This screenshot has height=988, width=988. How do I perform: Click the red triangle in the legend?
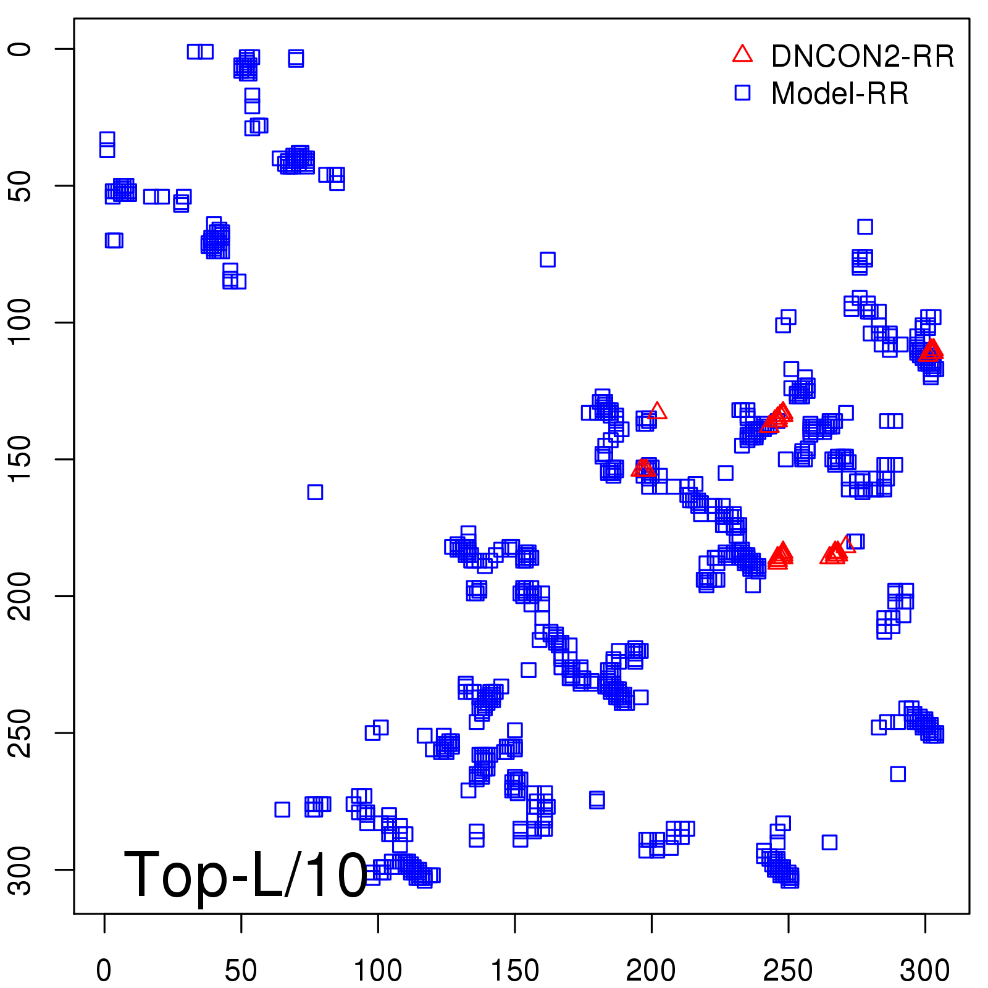point(742,54)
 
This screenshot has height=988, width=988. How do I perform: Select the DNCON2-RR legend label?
point(862,57)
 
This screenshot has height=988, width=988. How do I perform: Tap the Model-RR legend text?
point(840,94)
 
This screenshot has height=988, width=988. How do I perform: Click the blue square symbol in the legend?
point(742,93)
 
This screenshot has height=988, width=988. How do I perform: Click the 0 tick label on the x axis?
point(104,971)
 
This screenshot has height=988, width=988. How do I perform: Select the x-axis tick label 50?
point(241,971)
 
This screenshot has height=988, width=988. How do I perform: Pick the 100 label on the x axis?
point(377,971)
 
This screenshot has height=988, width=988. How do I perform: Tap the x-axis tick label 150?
point(514,971)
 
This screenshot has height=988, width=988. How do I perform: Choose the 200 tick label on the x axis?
point(651,971)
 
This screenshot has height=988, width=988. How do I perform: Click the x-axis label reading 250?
point(788,971)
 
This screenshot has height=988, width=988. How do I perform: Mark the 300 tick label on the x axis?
point(924,971)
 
